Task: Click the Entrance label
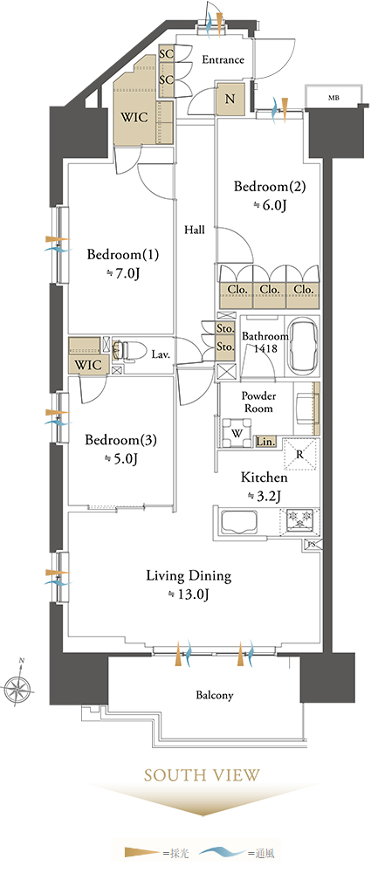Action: click(x=223, y=59)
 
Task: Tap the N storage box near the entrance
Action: click(x=230, y=100)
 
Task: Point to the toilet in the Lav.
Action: click(x=126, y=352)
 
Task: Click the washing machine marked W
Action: click(x=236, y=434)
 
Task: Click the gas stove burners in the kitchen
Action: click(x=300, y=520)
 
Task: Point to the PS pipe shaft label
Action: click(x=311, y=546)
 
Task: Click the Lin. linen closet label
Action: click(x=266, y=442)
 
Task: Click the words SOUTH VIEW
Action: click(x=202, y=774)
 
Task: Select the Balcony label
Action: click(x=215, y=695)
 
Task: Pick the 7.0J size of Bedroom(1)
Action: click(x=123, y=273)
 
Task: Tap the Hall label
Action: click(x=195, y=230)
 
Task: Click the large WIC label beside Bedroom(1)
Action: click(x=134, y=118)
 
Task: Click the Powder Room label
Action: click(x=258, y=402)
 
